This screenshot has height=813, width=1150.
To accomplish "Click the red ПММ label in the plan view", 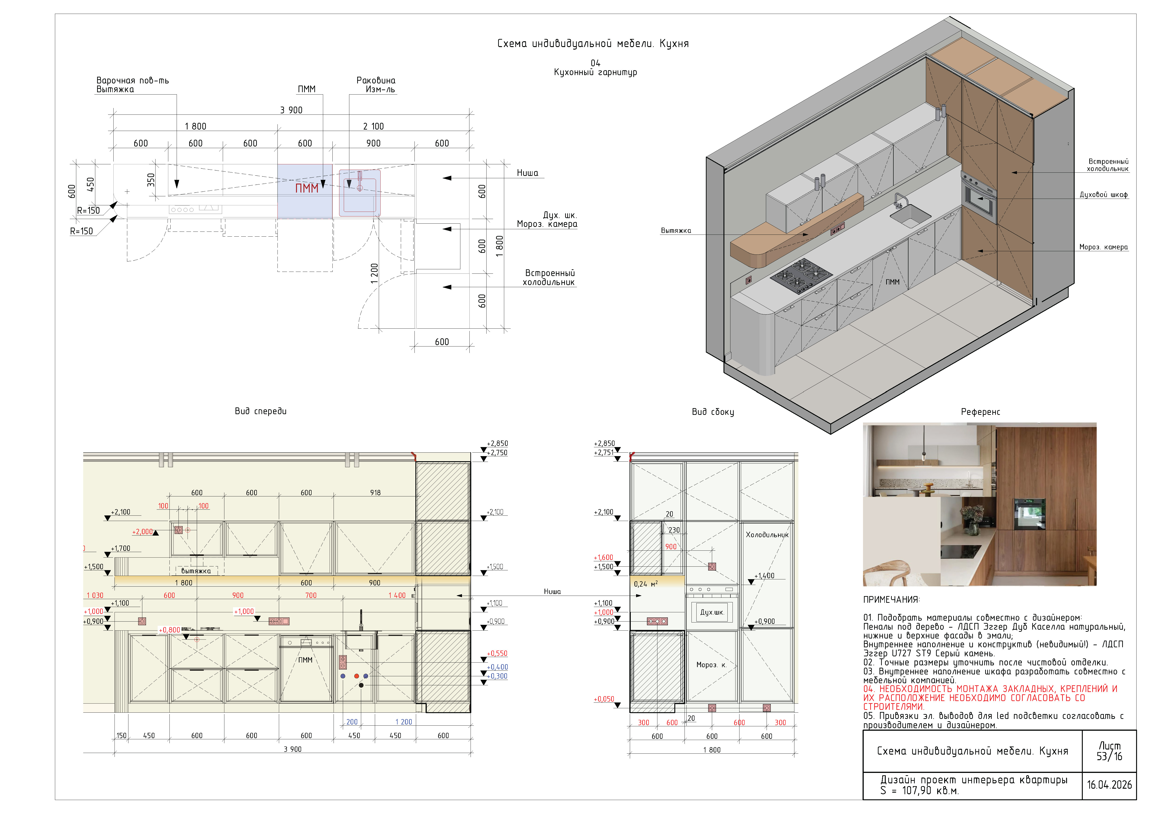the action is pyautogui.click(x=306, y=188).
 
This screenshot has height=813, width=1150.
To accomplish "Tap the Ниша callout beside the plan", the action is pyautogui.click(x=527, y=173).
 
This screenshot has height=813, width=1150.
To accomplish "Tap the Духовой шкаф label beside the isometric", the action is pyautogui.click(x=1103, y=195).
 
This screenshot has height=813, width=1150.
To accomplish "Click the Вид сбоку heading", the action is pyautogui.click(x=713, y=412).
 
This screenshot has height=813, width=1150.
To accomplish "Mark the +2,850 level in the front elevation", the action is pyautogui.click(x=497, y=444).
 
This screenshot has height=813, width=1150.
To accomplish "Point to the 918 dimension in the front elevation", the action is pyautogui.click(x=375, y=493).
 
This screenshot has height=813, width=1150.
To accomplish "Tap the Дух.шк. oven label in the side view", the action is pyautogui.click(x=712, y=612).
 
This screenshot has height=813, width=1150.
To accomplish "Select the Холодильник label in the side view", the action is pyautogui.click(x=767, y=535).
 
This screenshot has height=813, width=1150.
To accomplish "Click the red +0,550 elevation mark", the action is pyautogui.click(x=497, y=653).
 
